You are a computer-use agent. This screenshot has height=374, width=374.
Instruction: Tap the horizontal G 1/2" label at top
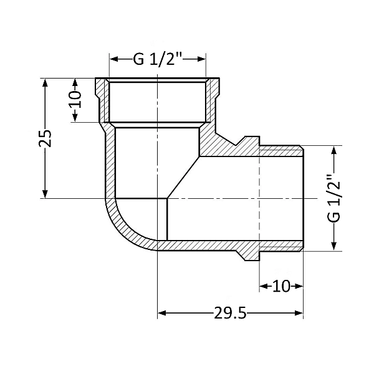coord(158,59)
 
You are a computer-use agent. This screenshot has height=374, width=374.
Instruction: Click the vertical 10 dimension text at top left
coord(75,100)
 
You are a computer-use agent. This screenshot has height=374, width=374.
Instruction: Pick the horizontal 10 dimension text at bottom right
coord(282,286)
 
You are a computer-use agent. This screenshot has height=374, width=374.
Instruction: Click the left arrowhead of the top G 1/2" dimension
coord(114,59)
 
